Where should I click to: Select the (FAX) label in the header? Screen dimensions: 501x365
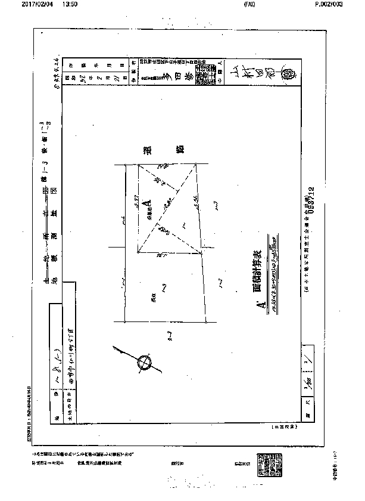249,4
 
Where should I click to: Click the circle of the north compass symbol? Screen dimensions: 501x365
143,363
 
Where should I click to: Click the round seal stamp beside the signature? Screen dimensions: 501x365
292,76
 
